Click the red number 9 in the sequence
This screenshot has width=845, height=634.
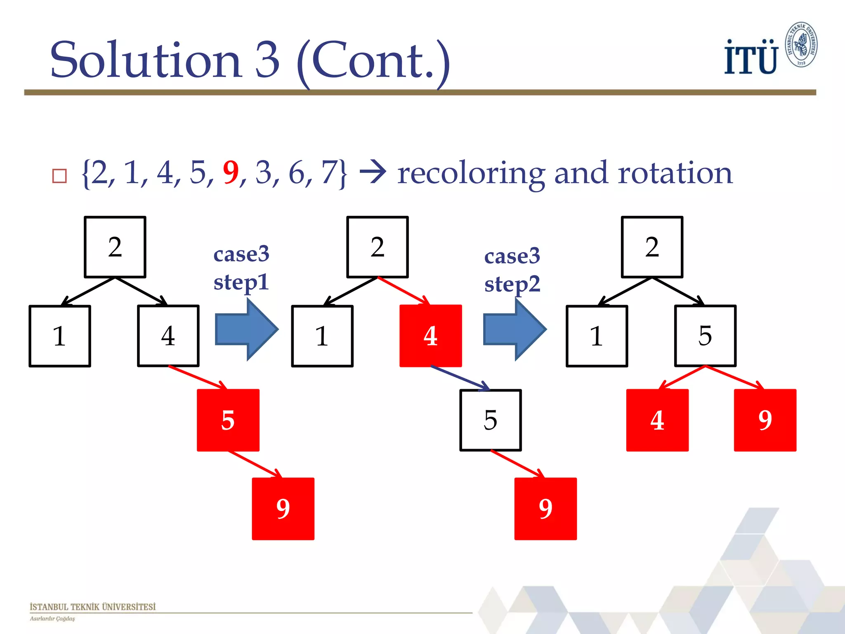pos(231,173)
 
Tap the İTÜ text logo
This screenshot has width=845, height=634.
pos(751,58)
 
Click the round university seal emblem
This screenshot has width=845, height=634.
pos(801,45)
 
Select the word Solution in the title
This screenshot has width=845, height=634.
pos(145,60)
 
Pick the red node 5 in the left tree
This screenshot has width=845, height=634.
pos(228,420)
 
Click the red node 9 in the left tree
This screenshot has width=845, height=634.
pos(283,509)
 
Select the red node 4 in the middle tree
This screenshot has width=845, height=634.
pos(430,336)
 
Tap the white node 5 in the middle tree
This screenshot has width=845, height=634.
pos(491,420)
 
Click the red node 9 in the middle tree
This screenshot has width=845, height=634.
pos(545,509)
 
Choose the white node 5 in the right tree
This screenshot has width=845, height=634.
pos(705,336)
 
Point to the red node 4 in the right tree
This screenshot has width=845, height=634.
pos(657,420)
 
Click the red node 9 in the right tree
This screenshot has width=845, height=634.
pos(765,420)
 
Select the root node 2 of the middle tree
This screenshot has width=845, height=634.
pos(378,247)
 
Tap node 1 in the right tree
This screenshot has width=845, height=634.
pos(597,336)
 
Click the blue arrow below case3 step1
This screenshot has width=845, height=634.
pos(247,329)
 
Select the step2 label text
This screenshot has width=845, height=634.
pos(512,284)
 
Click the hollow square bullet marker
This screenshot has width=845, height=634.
pos(59,176)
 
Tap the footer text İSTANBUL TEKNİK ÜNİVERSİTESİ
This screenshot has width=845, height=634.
pos(93,607)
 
